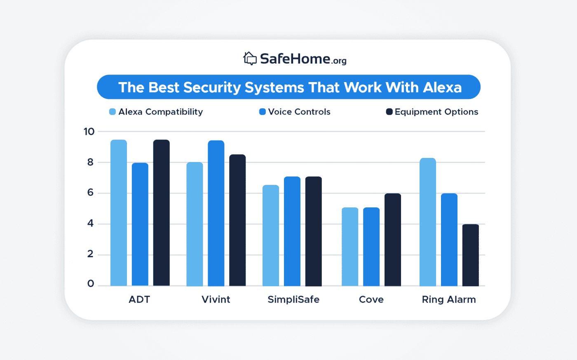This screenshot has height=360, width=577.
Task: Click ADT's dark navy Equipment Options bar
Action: [x=161, y=213]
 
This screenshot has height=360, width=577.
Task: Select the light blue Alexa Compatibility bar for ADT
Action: [x=119, y=213]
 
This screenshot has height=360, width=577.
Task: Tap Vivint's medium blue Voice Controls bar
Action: [x=216, y=213]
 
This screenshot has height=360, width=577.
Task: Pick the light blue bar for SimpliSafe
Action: [x=271, y=235]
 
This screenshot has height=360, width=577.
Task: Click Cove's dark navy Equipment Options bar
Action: [x=392, y=240]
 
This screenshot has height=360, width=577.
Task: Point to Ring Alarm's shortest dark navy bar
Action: [x=470, y=255]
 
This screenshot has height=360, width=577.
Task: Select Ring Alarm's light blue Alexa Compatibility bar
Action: [x=427, y=222]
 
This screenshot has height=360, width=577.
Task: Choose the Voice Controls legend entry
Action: [x=295, y=112]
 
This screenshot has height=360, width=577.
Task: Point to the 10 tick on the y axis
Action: [x=89, y=132]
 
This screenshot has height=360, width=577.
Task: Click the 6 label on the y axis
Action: [x=90, y=193]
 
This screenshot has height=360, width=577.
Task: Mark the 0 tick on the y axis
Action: [x=90, y=284]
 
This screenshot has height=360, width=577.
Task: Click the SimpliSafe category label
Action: [x=293, y=299]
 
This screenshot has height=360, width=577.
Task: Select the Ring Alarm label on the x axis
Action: [x=448, y=299]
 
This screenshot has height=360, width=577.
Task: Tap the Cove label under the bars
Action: [x=371, y=299]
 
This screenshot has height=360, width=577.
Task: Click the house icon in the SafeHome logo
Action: [x=250, y=59]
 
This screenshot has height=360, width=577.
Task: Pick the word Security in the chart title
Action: [x=212, y=87]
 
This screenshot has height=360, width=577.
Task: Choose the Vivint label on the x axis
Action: [x=216, y=299]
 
